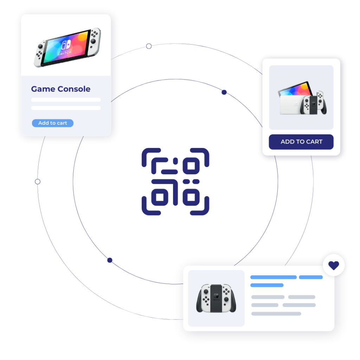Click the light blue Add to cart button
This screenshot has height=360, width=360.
(53, 123)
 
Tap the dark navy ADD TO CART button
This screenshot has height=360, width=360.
(301, 142)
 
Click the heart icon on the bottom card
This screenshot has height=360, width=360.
(334, 265)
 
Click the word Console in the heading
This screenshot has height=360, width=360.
(74, 89)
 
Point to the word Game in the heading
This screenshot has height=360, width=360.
(43, 89)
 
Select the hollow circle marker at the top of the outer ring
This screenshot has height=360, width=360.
(149, 46)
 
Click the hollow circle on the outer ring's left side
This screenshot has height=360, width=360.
(38, 182)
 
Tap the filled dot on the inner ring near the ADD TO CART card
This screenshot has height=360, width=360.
(224, 92)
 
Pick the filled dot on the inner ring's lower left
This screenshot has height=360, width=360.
(110, 260)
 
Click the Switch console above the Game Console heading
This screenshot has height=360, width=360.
(67, 48)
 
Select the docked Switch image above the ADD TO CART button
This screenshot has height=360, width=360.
(302, 98)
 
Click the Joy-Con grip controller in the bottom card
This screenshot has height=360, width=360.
(216, 298)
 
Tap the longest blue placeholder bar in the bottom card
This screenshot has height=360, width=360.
(274, 277)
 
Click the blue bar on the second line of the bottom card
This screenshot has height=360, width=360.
(267, 285)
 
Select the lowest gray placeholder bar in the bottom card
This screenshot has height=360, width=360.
(276, 314)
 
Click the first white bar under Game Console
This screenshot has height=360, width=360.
(66, 99)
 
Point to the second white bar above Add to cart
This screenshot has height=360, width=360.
(66, 108)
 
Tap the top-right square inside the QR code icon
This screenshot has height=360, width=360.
(191, 166)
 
